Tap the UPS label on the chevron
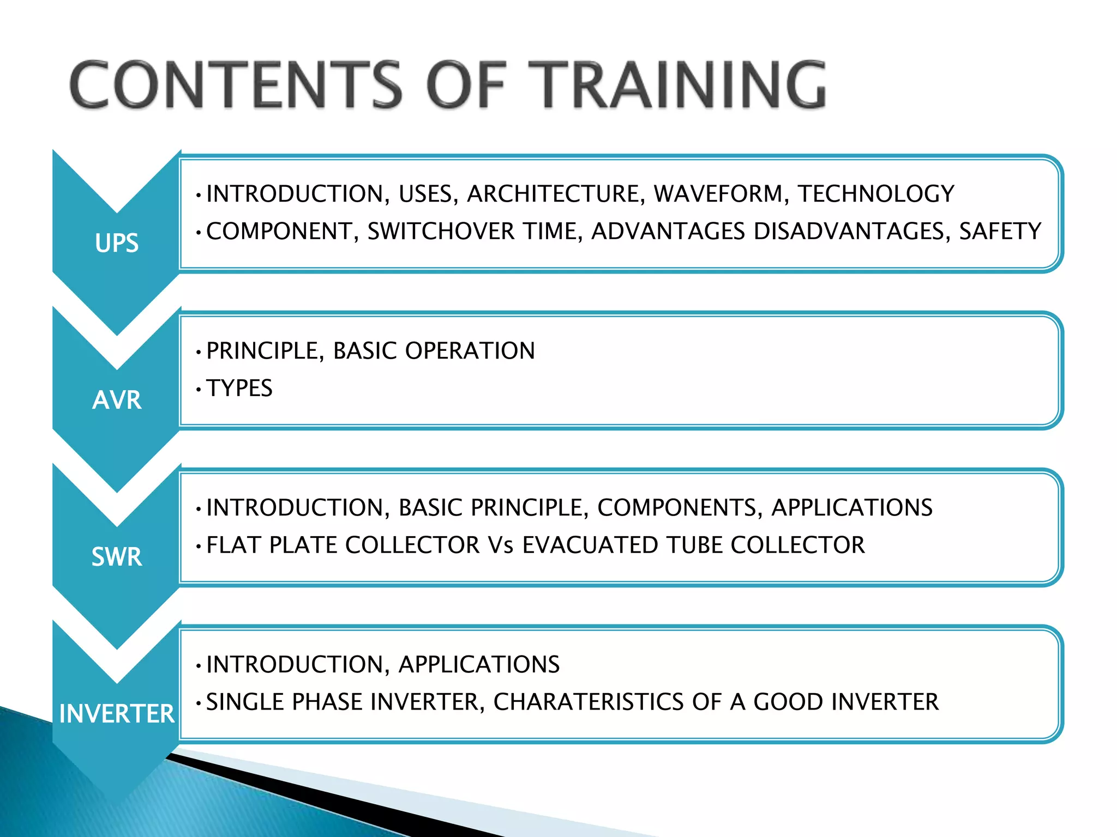tap(117, 243)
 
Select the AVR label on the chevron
tap(117, 400)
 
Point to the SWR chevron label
tap(117, 557)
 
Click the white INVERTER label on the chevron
tap(117, 714)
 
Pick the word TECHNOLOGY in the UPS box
tap(876, 194)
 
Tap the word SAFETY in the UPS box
tap(1000, 232)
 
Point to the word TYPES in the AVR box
tap(239, 389)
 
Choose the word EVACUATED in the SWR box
tap(590, 545)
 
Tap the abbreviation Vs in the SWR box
tap(501, 545)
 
